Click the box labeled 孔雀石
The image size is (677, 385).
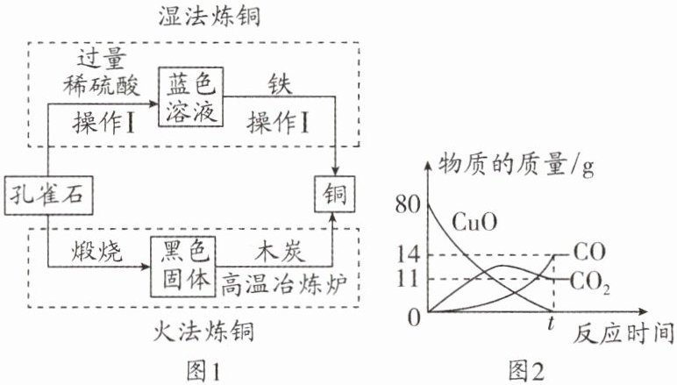[49, 196]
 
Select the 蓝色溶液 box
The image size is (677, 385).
[191, 96]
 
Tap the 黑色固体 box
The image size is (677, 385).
[183, 267]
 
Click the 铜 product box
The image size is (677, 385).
[335, 194]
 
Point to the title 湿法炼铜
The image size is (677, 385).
[210, 17]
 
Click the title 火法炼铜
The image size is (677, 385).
[203, 332]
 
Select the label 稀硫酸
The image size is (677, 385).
[102, 85]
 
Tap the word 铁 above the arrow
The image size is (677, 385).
[280, 84]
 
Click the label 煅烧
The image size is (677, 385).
[96, 250]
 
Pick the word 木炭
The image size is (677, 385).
[280, 251]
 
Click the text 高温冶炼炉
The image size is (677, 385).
[284, 285]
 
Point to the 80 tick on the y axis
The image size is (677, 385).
[408, 204]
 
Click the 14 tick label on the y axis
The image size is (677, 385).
[408, 254]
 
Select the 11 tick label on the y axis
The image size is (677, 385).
[408, 279]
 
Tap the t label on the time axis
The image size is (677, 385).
[551, 323]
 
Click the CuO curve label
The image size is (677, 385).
[474, 222]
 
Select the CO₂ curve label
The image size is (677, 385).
[590, 282]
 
